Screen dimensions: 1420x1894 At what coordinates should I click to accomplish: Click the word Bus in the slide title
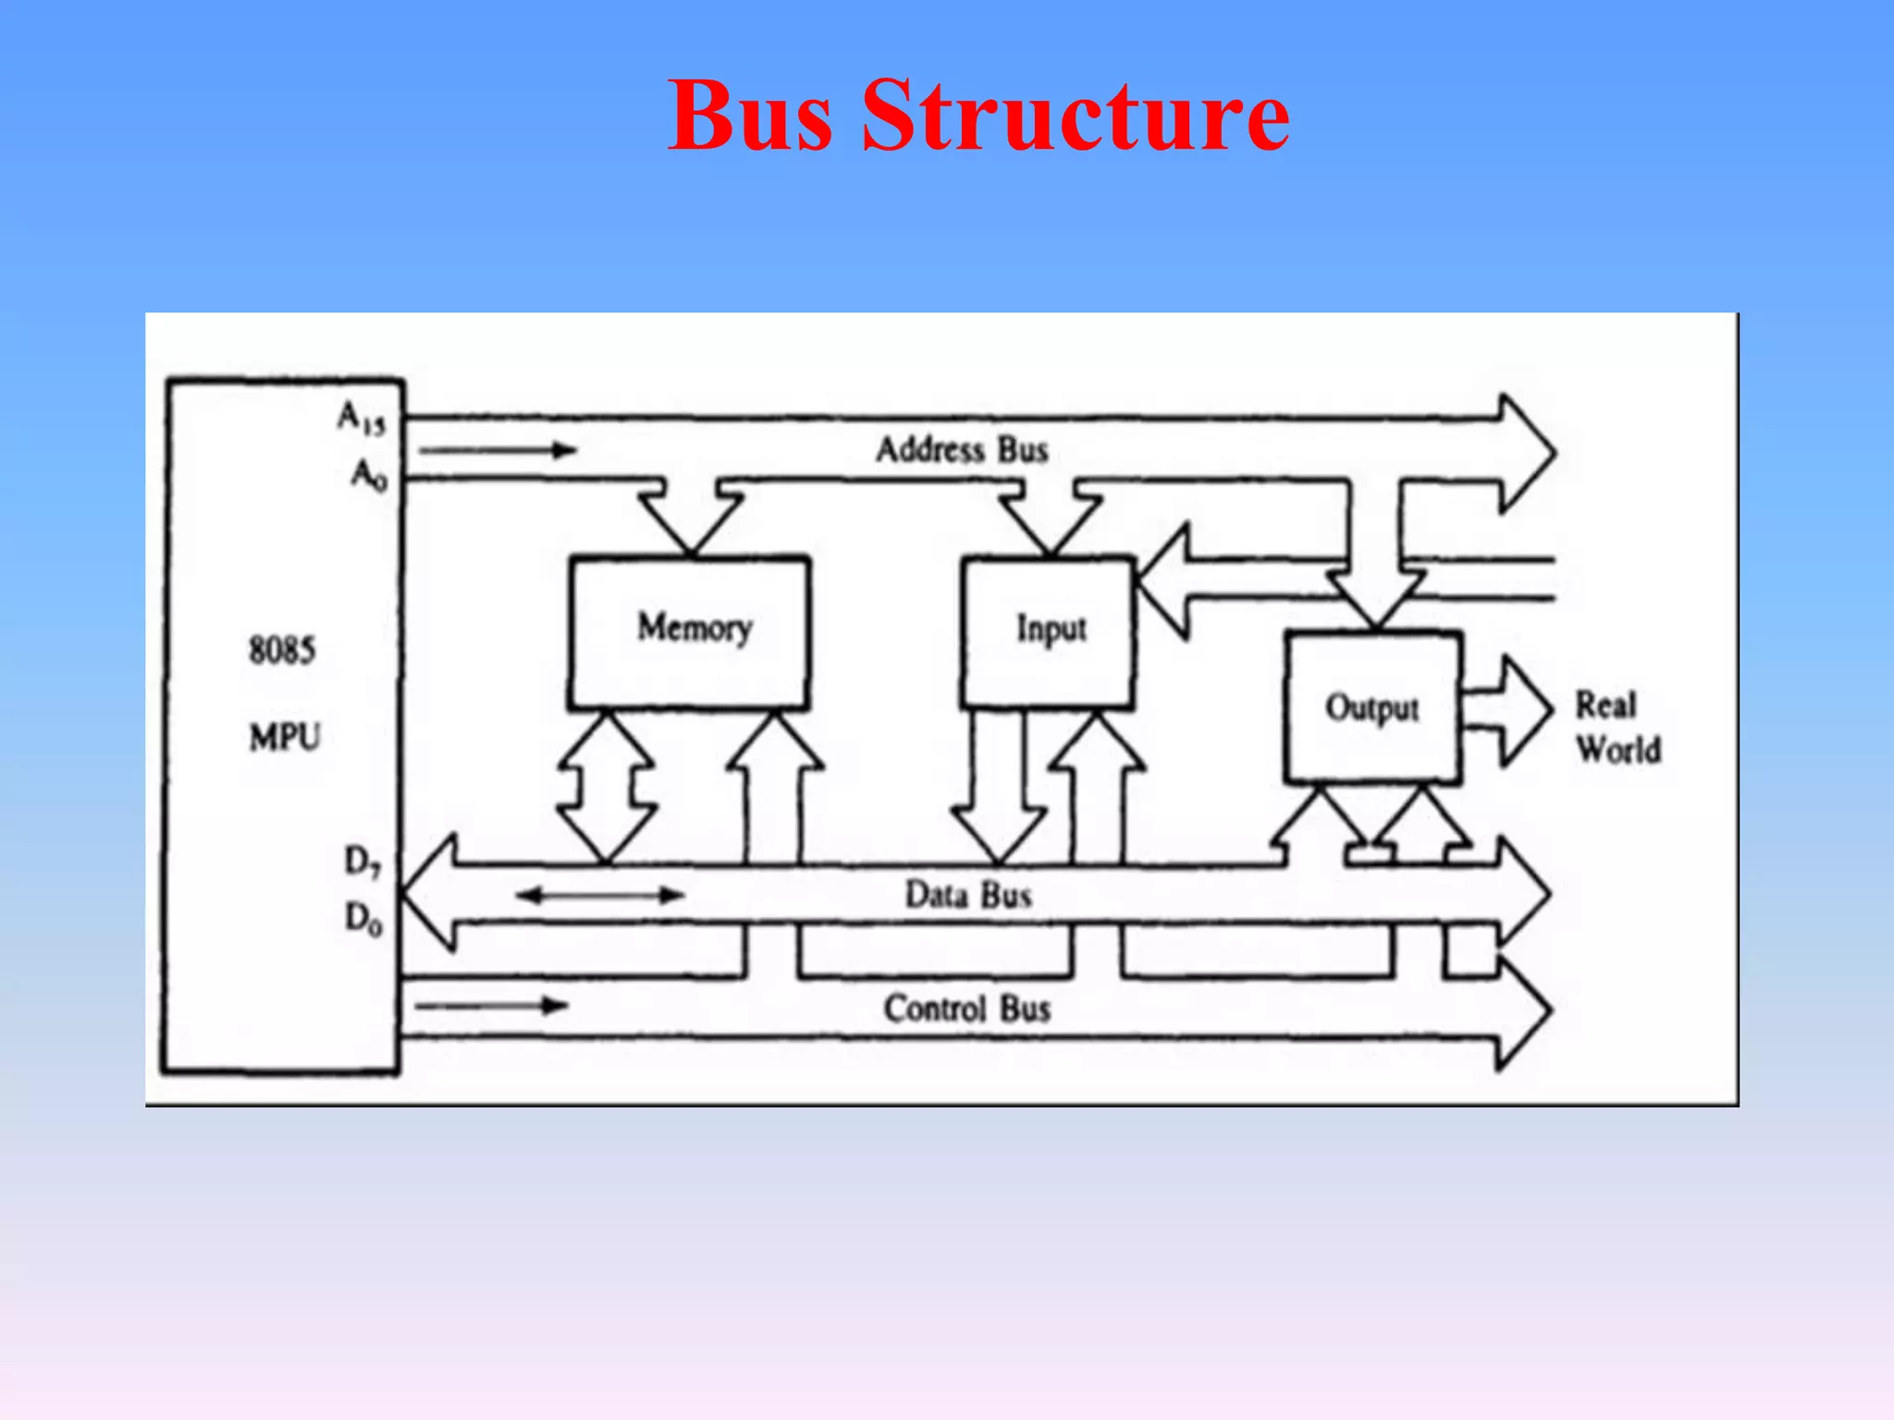(750, 116)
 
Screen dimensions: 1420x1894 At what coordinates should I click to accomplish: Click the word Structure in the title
(1076, 116)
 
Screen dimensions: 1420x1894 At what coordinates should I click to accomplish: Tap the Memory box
(690, 632)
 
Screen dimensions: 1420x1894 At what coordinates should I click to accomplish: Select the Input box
(1048, 632)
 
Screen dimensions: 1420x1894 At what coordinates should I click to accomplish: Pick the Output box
(1373, 708)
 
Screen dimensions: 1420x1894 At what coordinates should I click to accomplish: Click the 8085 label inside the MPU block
(282, 650)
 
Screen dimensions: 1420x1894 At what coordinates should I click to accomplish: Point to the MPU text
(284, 738)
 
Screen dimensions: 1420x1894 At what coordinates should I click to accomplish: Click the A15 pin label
(361, 418)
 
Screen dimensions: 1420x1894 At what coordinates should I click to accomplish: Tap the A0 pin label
(369, 475)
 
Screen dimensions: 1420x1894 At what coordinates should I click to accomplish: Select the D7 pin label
(363, 862)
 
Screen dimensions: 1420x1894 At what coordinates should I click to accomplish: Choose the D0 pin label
(363, 919)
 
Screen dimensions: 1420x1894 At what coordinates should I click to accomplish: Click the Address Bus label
(962, 450)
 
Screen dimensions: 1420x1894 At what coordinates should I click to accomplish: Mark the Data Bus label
(967, 895)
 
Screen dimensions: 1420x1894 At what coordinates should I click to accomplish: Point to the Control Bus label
(966, 1008)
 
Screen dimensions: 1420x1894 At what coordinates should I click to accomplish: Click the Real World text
(1617, 728)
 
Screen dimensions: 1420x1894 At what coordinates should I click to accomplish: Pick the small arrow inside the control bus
(492, 1006)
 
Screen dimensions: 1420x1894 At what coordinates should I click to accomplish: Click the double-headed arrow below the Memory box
(607, 788)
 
